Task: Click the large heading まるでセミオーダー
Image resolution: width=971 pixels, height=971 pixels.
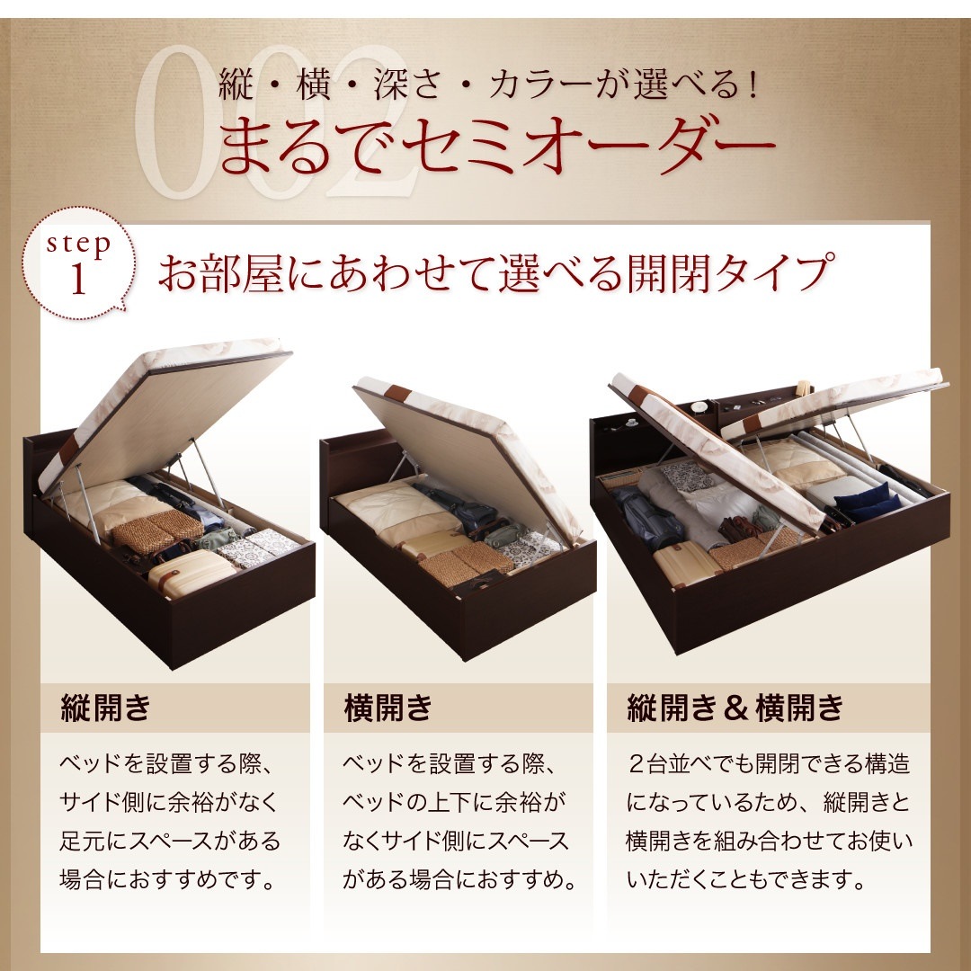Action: pos(495,147)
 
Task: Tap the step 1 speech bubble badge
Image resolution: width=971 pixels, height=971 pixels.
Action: pos(79,266)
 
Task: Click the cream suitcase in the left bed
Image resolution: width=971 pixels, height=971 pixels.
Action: pos(192,570)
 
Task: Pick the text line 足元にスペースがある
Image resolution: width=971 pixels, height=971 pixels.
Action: pos(170,841)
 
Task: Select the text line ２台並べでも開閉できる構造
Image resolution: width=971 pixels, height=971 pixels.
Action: pos(770,765)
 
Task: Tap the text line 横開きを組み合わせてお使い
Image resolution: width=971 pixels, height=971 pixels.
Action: pos(769,841)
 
